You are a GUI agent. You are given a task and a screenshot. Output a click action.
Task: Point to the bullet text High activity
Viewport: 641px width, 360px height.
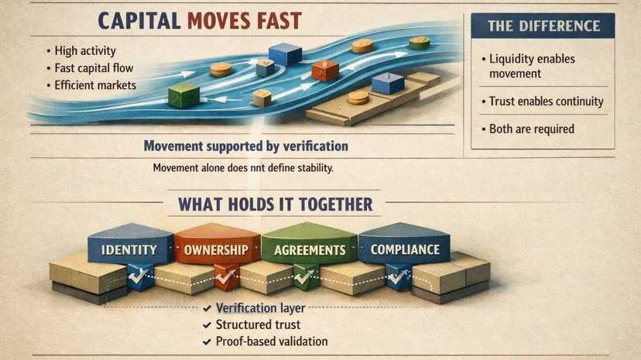(88, 51)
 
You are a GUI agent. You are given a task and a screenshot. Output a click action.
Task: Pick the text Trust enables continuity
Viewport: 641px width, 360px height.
(546, 101)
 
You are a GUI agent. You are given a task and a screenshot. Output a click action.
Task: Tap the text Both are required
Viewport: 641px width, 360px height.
(532, 129)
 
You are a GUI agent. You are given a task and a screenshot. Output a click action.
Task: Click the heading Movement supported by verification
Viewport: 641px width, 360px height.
(246, 146)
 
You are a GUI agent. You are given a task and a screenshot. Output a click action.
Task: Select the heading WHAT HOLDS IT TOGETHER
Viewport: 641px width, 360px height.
(276, 205)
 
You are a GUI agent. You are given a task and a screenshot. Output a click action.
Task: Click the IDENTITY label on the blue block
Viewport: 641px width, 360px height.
(129, 250)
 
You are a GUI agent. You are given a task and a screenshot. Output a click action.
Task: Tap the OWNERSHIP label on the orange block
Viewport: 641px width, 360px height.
(216, 250)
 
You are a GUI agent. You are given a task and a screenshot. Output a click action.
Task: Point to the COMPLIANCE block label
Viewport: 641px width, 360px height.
(405, 249)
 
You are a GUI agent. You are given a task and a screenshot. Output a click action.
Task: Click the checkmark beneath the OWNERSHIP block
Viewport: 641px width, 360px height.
(225, 274)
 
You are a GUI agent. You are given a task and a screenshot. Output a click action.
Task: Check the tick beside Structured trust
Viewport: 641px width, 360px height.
(207, 325)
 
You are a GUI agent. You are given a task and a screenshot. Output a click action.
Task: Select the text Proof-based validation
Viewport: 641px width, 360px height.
(271, 341)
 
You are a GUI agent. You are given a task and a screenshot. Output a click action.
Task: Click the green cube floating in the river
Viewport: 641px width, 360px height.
(183, 95)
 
